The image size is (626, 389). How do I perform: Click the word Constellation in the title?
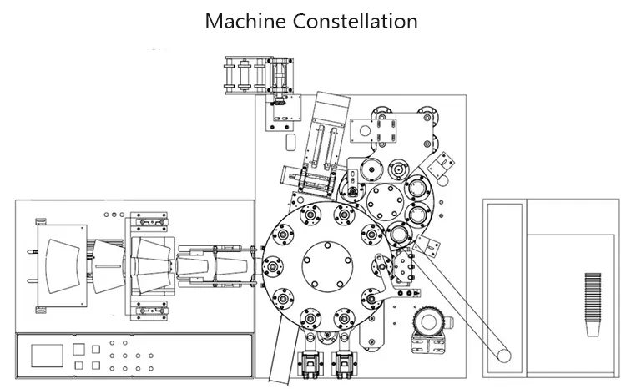(356, 21)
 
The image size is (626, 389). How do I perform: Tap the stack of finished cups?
(593, 305)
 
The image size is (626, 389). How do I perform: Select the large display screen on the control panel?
(47, 356)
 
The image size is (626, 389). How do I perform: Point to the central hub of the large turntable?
(327, 266)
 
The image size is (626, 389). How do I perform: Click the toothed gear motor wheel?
(429, 322)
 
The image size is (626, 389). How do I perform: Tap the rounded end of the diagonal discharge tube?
(504, 356)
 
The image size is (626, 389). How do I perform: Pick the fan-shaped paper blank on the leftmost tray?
(63, 266)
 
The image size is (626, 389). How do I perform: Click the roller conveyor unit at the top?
(259, 75)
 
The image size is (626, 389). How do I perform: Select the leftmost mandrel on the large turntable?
(273, 266)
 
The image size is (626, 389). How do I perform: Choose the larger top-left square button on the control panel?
(78, 349)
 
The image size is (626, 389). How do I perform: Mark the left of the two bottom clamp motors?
(310, 363)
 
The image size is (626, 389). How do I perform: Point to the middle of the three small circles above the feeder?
(114, 215)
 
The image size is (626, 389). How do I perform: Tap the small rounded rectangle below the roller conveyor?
(291, 142)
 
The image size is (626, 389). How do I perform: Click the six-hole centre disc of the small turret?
(386, 202)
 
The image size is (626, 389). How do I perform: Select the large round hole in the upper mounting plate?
(365, 130)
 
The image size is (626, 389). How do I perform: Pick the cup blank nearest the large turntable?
(231, 266)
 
